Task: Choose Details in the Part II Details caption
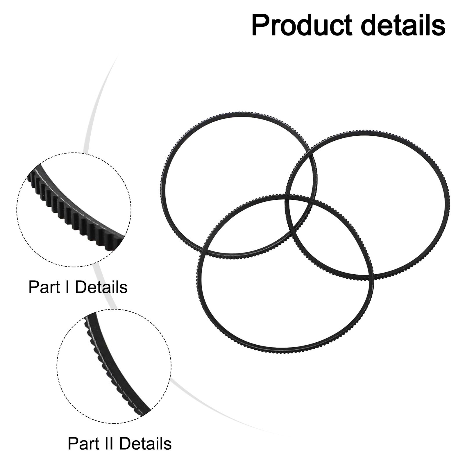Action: [x=145, y=444]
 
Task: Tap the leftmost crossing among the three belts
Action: [x=206, y=250]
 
